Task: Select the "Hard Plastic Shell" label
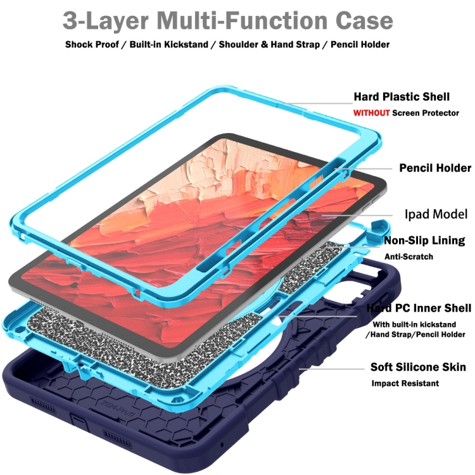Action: click(x=402, y=97)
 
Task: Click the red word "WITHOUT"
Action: click(x=371, y=113)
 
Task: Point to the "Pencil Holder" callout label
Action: click(x=434, y=168)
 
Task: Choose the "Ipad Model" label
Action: click(x=436, y=214)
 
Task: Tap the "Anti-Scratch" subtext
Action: click(x=409, y=256)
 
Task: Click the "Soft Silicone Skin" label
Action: click(x=419, y=367)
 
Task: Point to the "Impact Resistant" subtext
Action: click(x=405, y=383)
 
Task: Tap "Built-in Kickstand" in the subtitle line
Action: click(x=167, y=45)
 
